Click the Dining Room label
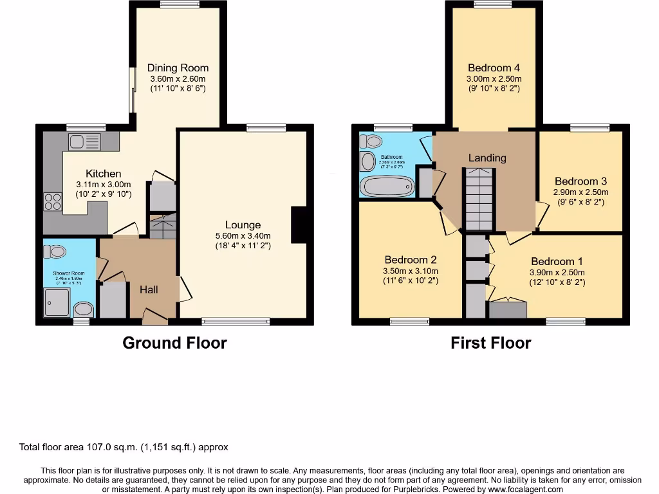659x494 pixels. (178, 68)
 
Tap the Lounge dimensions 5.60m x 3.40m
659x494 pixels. (238, 236)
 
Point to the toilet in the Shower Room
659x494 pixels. (56, 252)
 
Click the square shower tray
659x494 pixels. (57, 302)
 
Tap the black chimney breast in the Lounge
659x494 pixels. (299, 225)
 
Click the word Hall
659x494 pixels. (149, 290)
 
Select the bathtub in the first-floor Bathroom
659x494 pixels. (385, 187)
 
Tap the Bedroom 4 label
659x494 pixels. (494, 68)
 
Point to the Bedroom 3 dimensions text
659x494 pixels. (581, 192)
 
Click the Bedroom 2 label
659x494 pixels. (411, 260)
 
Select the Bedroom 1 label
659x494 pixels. (557, 261)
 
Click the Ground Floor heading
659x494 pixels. (174, 343)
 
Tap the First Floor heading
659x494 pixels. (490, 343)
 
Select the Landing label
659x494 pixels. (487, 158)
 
